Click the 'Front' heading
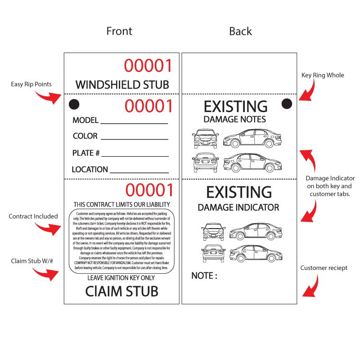tap(119, 31)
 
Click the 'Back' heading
tap(241, 31)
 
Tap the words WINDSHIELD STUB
tap(122, 84)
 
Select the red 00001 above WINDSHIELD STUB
tap(148, 66)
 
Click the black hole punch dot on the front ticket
tap(74, 104)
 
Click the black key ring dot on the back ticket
tap(287, 104)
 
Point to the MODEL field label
tap(85, 120)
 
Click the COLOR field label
tap(85, 136)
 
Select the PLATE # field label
tap(85, 153)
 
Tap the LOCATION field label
tap(90, 170)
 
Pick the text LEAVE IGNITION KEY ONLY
tap(121, 278)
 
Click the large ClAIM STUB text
tap(121, 291)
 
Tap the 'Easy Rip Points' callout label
tap(31, 84)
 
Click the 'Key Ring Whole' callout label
tap(323, 75)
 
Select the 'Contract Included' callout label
tap(33, 216)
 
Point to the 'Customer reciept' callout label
tap(324, 268)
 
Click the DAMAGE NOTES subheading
tap(234, 120)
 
